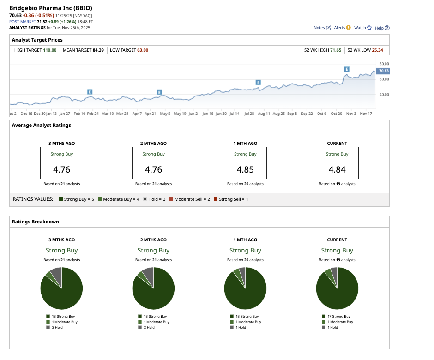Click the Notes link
(322, 28)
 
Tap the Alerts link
(342, 28)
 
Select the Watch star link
(362, 28)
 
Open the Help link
(382, 28)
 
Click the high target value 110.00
(49, 50)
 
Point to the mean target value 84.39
(98, 50)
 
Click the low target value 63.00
(143, 50)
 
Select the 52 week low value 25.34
(378, 50)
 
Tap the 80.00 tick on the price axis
(383, 64)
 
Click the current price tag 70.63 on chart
(383, 71)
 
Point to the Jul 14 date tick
(235, 113)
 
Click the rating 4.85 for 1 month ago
(245, 169)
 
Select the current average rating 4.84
(337, 169)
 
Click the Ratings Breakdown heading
(36, 222)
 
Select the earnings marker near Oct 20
(346, 69)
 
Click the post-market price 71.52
(42, 21)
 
